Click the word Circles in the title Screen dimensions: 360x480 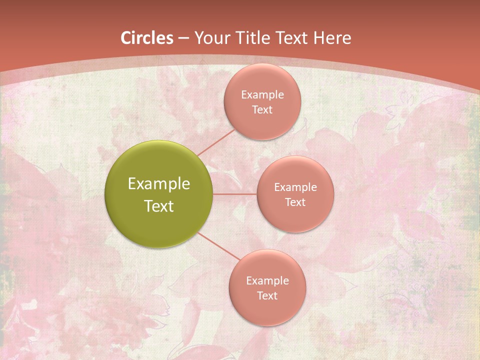tap(147, 38)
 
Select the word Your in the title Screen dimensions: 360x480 tap(211, 38)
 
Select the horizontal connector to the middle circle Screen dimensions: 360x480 tap(235, 194)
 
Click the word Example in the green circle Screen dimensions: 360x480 tap(159, 184)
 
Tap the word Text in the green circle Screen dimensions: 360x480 tap(159, 206)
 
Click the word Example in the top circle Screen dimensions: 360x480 tap(262, 95)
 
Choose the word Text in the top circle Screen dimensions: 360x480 tap(262, 109)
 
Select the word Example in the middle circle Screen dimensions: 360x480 tap(295, 187)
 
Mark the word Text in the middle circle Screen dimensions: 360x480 tap(295, 202)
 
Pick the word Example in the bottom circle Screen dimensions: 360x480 tap(267, 281)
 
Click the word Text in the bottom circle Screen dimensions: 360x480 tap(267, 295)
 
